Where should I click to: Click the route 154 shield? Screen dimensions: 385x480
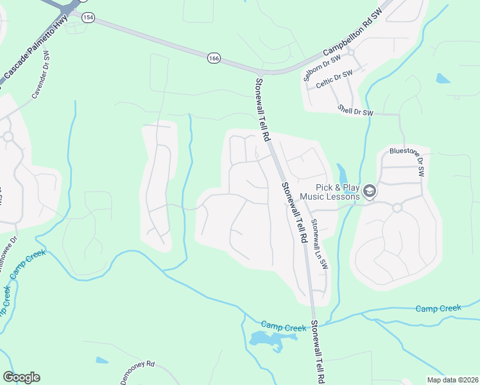click(x=88, y=18)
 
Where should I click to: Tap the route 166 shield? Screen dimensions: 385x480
click(x=214, y=58)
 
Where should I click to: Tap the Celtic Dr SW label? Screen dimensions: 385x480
click(x=334, y=83)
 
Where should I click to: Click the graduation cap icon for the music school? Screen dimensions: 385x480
click(x=369, y=191)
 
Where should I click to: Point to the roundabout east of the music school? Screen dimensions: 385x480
click(x=397, y=207)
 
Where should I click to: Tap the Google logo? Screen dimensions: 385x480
click(x=21, y=377)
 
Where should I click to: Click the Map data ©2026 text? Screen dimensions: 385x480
click(x=452, y=379)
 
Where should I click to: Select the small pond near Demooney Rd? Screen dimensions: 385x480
click(x=101, y=361)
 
